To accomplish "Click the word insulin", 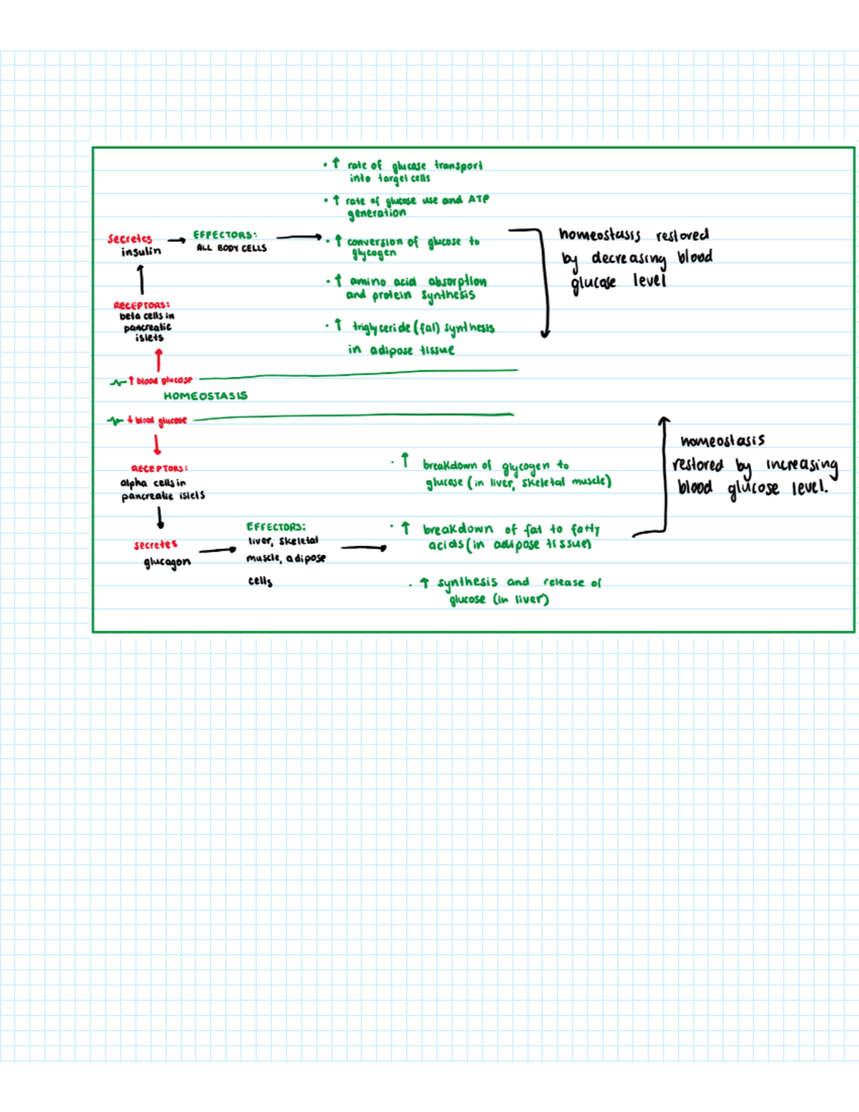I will [141, 251].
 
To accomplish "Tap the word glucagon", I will [168, 562].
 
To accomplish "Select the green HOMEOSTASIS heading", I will [205, 395].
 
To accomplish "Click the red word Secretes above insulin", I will [130, 238].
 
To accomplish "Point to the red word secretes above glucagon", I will [155, 545].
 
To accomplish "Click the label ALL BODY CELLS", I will [232, 248].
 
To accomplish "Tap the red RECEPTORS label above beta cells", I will [142, 305].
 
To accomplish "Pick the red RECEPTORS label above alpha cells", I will [159, 468].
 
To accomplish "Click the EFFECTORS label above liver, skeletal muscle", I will [276, 527].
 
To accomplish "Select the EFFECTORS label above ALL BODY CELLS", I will [225, 235].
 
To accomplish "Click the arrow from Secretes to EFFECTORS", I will [176, 241].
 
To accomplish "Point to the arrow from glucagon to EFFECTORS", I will [218, 550].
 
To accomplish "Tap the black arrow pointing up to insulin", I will [142, 279].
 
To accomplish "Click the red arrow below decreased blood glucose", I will [157, 445].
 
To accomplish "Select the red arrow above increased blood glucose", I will [159, 359].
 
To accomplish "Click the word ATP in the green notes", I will [479, 199].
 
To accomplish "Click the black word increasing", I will [802, 465].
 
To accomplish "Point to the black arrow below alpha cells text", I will [160, 518].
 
